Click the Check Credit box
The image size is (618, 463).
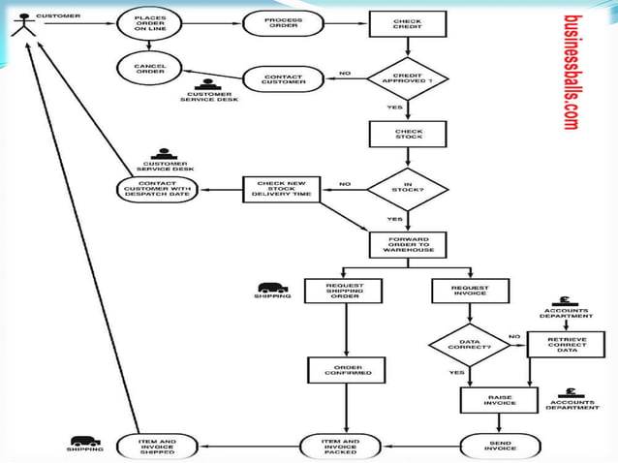click(x=408, y=24)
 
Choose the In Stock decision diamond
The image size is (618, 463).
click(x=408, y=188)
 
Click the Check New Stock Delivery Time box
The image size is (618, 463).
click(x=281, y=189)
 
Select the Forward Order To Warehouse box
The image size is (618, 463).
click(x=408, y=244)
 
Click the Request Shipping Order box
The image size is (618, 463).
click(x=344, y=292)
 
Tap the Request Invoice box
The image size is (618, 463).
click(x=470, y=292)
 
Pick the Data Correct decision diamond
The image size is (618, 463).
click(x=470, y=345)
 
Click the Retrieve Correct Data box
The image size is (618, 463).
click(x=559, y=345)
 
